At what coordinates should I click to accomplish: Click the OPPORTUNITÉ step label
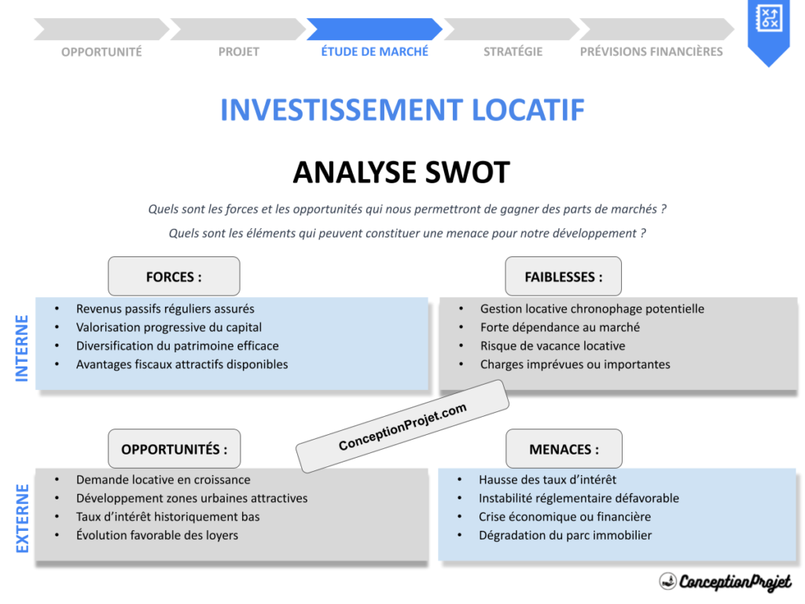click(x=101, y=52)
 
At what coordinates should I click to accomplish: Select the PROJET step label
click(x=238, y=52)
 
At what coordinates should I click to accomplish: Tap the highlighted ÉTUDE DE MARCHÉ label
click(x=375, y=52)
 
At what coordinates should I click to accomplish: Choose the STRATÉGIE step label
click(x=513, y=52)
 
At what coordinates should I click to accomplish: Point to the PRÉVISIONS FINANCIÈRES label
click(x=651, y=52)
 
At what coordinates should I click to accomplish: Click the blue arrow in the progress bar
click(x=374, y=29)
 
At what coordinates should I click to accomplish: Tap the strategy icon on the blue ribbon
click(x=767, y=18)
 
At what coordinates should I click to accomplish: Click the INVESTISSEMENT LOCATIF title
click(x=402, y=110)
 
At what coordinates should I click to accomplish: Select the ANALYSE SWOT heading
click(x=401, y=172)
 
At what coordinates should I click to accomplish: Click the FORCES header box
click(x=174, y=277)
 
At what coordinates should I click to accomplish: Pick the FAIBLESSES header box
click(x=563, y=277)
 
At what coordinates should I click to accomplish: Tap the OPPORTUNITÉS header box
click(x=174, y=449)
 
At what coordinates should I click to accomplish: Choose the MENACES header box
click(x=563, y=449)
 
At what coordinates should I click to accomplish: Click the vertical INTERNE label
click(x=22, y=348)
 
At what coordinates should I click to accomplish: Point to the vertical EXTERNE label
click(x=22, y=517)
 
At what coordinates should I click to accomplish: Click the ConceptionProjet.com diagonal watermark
click(x=402, y=427)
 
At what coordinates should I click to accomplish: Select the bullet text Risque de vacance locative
click(x=553, y=346)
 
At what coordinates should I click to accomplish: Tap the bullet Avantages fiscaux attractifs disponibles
click(x=182, y=365)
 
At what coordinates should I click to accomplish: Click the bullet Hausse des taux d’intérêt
click(x=547, y=480)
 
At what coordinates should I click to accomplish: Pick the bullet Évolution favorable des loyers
click(x=156, y=536)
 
